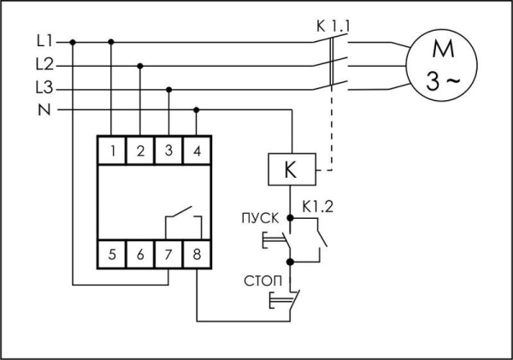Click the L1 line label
45,40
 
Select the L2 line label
45,64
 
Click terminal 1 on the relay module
112,152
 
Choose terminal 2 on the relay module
140,152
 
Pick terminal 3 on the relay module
168,152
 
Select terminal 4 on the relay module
197,152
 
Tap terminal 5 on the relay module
112,254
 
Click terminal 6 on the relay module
140,254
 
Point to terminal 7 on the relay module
168,254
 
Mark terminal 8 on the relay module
197,254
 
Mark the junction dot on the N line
197,109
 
